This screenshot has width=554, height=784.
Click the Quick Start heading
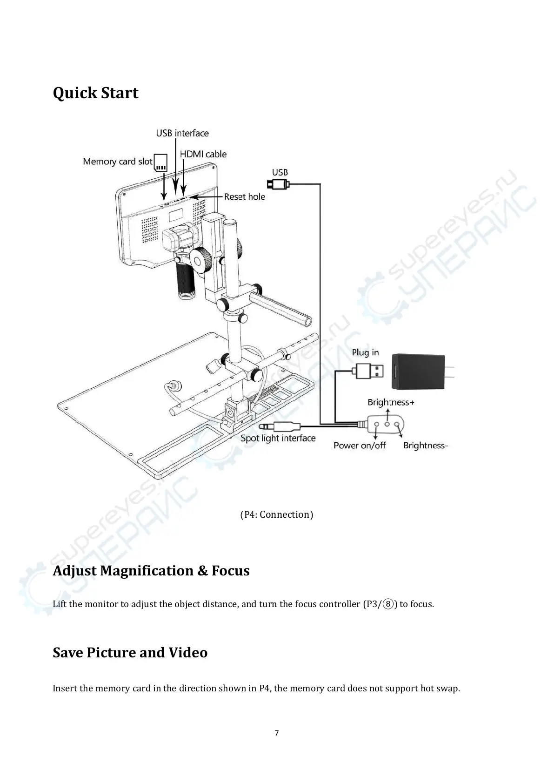(x=95, y=93)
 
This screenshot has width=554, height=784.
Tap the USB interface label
(x=182, y=133)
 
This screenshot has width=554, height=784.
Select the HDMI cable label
(x=203, y=154)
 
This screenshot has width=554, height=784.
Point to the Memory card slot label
(x=117, y=162)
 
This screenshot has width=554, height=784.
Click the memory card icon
(x=160, y=162)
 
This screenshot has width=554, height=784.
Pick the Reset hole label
(x=244, y=197)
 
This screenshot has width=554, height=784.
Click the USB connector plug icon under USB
(x=280, y=185)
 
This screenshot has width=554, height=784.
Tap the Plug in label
(x=365, y=352)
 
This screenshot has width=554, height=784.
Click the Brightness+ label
(x=391, y=402)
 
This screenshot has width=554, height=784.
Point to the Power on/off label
(x=360, y=446)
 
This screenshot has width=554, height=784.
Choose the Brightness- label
(x=425, y=446)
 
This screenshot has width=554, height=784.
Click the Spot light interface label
(x=278, y=438)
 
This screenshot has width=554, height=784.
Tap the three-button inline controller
(x=387, y=424)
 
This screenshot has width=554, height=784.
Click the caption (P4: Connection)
(x=277, y=514)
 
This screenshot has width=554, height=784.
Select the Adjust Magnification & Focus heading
(x=151, y=571)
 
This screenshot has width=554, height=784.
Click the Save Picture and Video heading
(x=130, y=653)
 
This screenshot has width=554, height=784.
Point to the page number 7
(x=277, y=733)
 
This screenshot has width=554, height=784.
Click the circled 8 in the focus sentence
(x=389, y=604)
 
